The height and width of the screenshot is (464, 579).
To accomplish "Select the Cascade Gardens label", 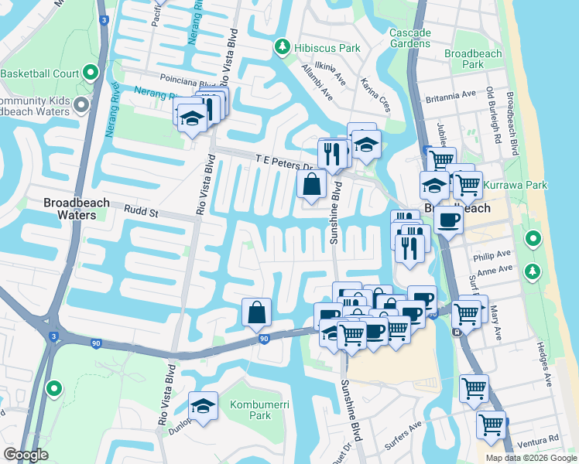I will click(x=409, y=38).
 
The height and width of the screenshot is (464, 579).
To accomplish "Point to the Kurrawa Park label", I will click(x=515, y=185).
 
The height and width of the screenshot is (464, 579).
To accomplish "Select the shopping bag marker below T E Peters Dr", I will click(x=311, y=185).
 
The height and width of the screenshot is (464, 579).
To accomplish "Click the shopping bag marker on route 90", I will click(x=257, y=312).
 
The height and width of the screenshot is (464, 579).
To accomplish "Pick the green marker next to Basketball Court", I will click(x=91, y=73).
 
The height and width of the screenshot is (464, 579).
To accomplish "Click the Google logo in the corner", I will click(x=26, y=455).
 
